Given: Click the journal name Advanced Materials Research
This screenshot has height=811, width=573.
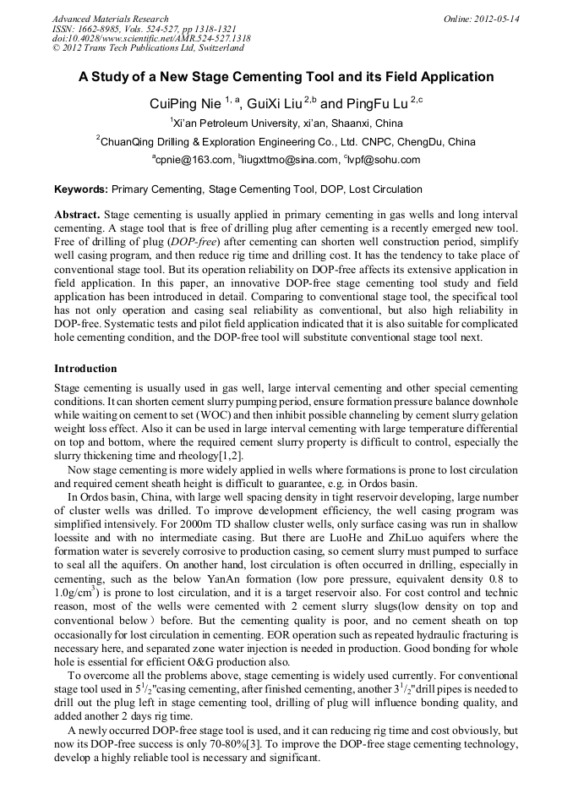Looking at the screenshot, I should [110, 19].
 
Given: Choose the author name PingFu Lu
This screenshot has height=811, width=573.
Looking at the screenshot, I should [376, 104].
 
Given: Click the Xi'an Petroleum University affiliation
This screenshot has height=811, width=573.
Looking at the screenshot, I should [287, 123].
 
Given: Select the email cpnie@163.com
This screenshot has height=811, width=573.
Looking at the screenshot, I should [193, 160].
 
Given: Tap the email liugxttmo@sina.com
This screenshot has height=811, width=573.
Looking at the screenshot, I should [290, 160].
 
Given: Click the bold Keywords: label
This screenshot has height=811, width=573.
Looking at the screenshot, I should [81, 189].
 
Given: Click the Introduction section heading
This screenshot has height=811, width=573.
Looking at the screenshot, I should [85, 369].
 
